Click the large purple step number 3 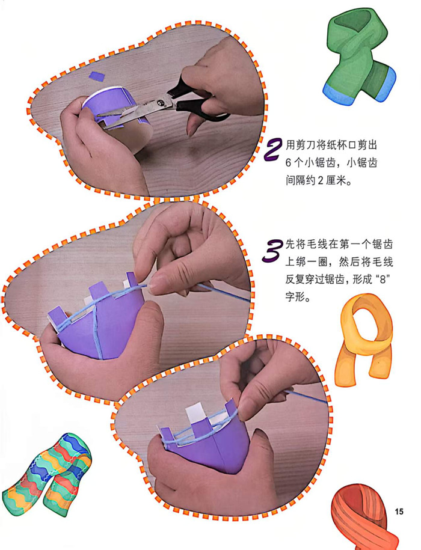(x=272, y=251)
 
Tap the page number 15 (x=399, y=512)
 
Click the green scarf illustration (x=360, y=58)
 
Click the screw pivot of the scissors (x=161, y=103)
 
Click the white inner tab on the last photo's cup (x=193, y=414)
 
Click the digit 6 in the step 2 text (x=289, y=163)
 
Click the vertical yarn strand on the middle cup (x=97, y=333)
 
